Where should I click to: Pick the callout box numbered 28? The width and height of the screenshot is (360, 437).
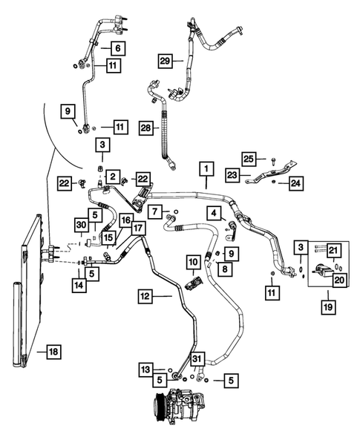(147, 128)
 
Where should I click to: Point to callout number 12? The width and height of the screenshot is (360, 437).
(145, 295)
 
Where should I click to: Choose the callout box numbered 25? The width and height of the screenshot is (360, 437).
(249, 159)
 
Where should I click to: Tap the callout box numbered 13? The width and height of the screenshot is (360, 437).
(148, 369)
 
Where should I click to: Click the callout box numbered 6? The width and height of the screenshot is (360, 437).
(117, 48)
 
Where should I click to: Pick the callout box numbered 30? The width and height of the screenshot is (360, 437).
(80, 225)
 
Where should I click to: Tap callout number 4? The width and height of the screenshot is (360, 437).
(214, 214)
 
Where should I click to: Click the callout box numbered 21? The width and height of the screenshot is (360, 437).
(336, 251)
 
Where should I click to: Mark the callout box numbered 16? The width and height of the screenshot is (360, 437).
(125, 220)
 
